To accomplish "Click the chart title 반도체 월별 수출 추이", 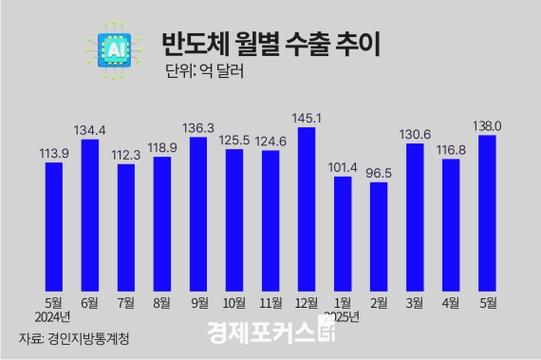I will coord(270,46).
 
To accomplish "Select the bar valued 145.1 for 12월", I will coord(306,207).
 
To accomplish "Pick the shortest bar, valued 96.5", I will coord(378,235).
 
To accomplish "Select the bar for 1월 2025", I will coord(342,232).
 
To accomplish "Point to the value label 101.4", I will coord(342,167).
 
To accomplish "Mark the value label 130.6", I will coord(415,134).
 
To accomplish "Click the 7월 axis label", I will coord(125,304).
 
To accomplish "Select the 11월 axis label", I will coord(270,304).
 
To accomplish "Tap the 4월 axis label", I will coord(451,304).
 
